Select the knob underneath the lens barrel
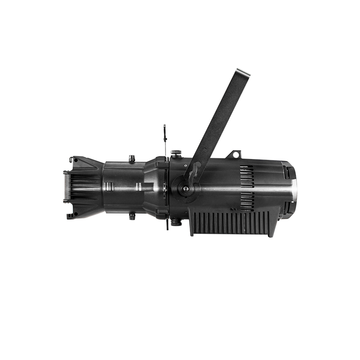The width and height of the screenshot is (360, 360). pyautogui.click(x=132, y=216)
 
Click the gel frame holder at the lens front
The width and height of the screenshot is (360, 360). pyautogui.click(x=66, y=186)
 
